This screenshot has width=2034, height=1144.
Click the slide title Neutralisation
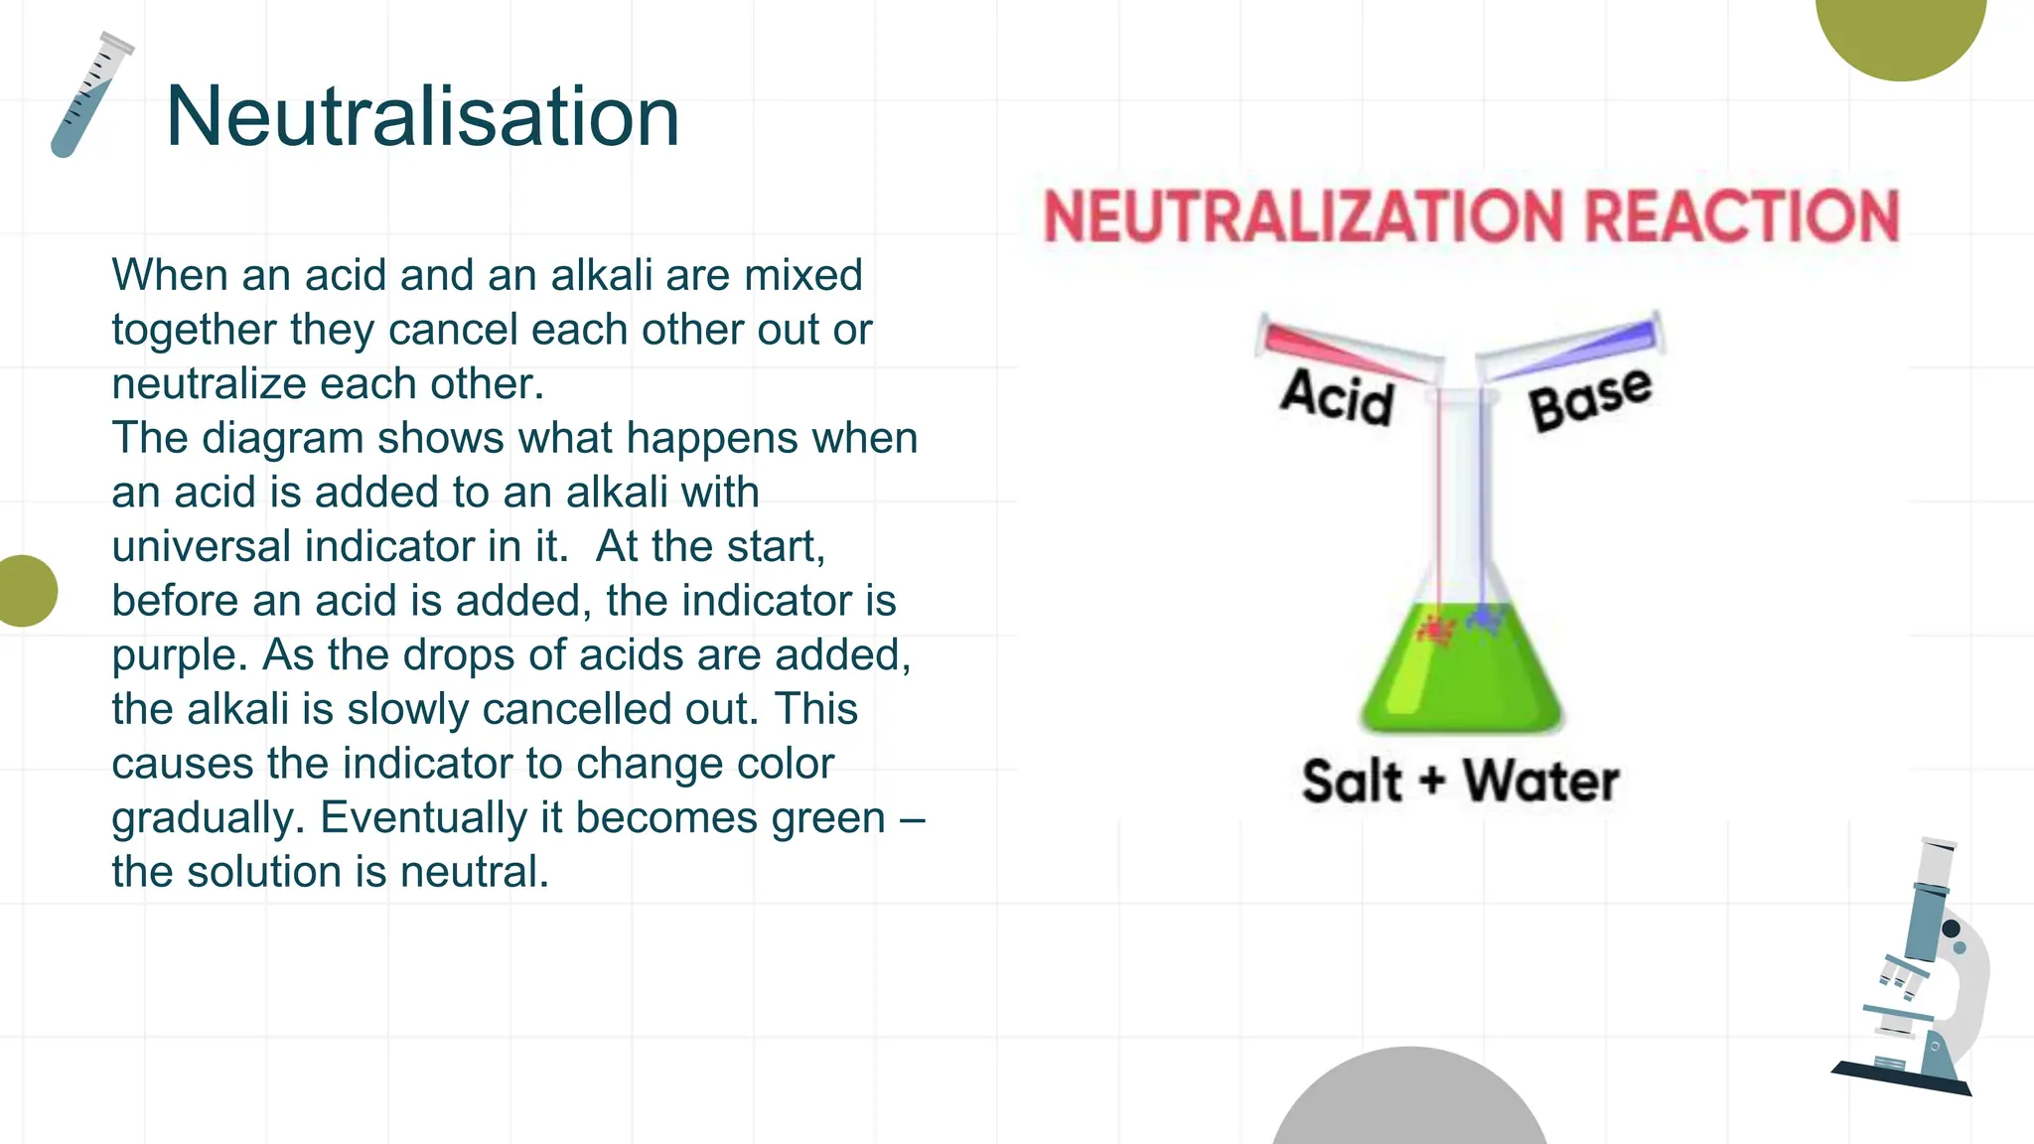tap(422, 116)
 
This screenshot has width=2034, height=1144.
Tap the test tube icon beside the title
tap(90, 96)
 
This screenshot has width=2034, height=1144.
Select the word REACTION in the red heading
tap(1741, 216)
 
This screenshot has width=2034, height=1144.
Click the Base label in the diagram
tap(1590, 398)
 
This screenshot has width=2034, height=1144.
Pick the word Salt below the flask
tap(1351, 782)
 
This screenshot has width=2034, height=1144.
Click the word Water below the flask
tap(1540, 782)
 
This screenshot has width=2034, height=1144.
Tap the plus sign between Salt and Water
tap(1431, 782)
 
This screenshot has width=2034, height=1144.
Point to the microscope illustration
tap(1917, 973)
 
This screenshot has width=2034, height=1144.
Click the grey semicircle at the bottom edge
tap(1408, 1102)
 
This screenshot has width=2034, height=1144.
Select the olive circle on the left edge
tap(24, 591)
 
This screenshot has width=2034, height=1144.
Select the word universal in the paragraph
tap(200, 547)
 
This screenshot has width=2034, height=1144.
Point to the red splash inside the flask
tap(1435, 630)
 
